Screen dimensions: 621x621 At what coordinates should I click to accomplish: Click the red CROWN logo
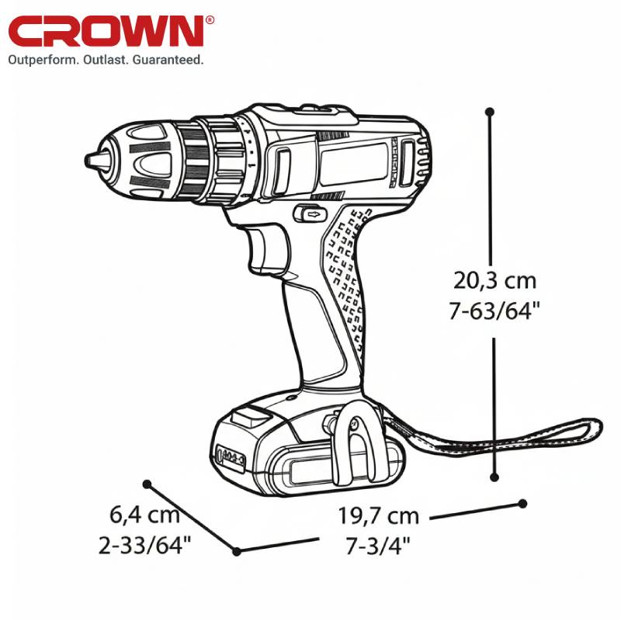(106, 32)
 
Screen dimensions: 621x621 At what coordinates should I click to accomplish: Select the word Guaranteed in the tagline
(168, 60)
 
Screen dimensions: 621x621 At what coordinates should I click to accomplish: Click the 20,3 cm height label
(494, 280)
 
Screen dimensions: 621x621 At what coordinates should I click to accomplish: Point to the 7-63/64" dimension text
(494, 310)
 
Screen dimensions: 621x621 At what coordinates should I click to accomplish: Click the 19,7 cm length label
(378, 516)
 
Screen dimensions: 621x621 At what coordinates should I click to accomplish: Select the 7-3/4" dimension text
(378, 546)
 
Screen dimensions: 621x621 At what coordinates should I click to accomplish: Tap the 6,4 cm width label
(144, 515)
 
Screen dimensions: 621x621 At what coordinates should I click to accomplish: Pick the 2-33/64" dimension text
(145, 545)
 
